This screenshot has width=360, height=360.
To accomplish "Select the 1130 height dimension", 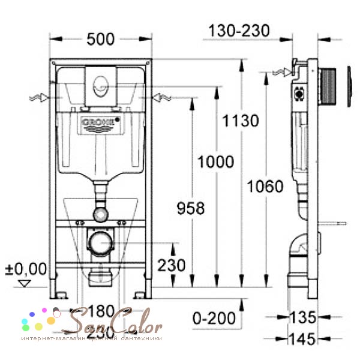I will (x=239, y=121).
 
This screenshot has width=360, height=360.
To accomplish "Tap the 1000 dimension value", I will (x=215, y=161).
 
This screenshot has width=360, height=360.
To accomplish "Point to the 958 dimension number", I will (x=190, y=208).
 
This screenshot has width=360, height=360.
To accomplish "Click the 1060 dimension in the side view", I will (x=265, y=186).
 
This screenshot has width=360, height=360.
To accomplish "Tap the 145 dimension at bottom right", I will (x=302, y=340).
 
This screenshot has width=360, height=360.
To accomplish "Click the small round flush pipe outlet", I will (x=99, y=213).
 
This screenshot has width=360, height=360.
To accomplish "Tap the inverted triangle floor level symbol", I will (x=24, y=283).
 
